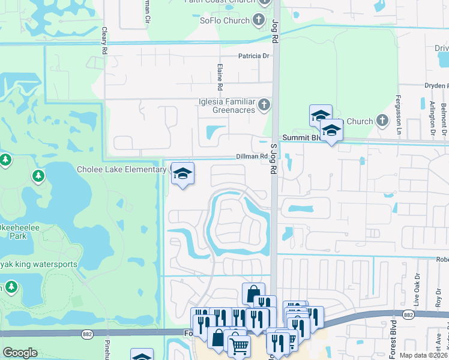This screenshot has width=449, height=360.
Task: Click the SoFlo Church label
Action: point(224,20)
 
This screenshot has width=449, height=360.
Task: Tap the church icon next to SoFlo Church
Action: point(259,20)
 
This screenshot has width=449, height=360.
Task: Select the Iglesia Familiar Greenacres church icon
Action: point(264,106)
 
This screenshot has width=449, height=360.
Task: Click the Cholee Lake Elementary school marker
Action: point(182,174)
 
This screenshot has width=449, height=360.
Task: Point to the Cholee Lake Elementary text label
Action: point(121,170)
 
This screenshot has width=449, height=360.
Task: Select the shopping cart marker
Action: point(239,346)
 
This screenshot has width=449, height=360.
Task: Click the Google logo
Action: point(20,353)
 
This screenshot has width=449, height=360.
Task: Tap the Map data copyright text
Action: point(423,355)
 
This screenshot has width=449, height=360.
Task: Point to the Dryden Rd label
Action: point(436,86)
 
